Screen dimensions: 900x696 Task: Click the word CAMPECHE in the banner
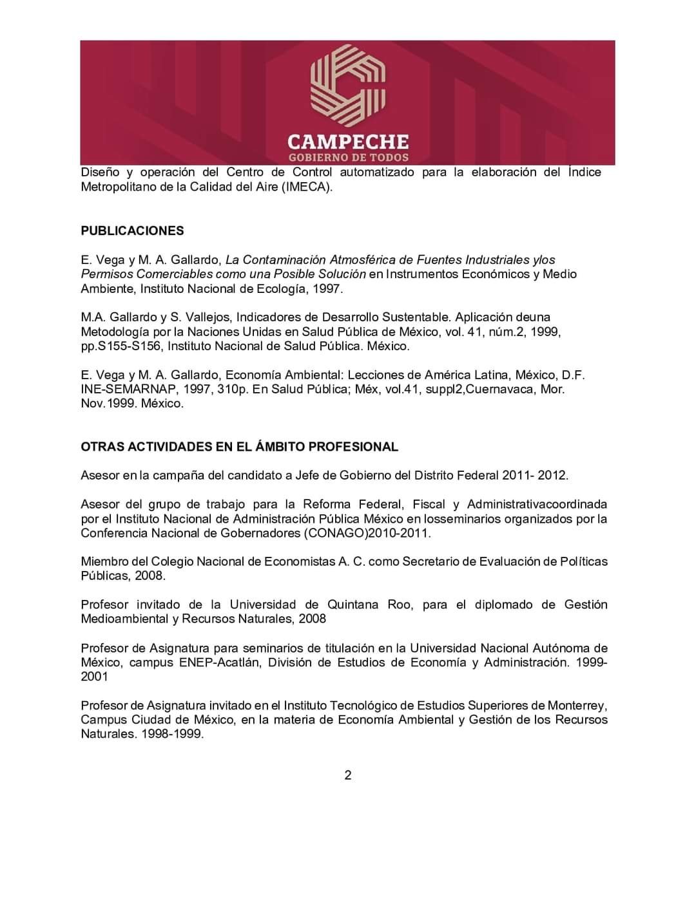348,141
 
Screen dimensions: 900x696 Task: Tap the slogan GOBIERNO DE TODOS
348,158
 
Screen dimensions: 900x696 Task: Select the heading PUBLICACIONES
132,230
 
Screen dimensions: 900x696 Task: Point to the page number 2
348,775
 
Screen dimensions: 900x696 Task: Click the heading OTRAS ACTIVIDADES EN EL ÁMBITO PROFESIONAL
239,447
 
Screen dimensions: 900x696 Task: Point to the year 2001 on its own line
94,677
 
